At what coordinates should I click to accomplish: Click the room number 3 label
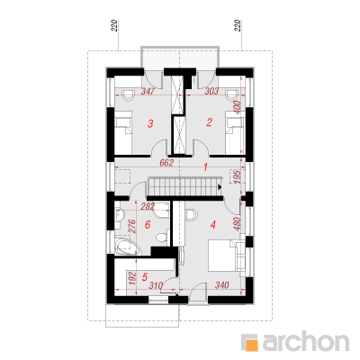[150, 123]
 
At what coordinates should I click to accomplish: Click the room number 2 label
[209, 122]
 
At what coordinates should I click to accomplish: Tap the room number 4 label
[213, 224]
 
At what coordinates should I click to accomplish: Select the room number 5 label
[145, 277]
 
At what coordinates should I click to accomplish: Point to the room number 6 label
[148, 224]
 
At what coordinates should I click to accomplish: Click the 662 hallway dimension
[166, 163]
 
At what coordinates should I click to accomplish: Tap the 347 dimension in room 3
[148, 91]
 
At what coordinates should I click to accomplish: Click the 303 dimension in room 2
[211, 91]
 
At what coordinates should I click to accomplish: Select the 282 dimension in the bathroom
[148, 206]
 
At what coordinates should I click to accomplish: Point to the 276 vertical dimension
[132, 227]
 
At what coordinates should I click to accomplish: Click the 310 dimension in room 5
[156, 285]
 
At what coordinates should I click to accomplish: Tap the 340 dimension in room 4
[222, 285]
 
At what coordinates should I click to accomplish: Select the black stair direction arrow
[220, 187]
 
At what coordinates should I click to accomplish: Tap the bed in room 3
[123, 132]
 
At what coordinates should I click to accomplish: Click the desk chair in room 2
[232, 94]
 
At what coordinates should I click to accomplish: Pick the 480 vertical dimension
[237, 223]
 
